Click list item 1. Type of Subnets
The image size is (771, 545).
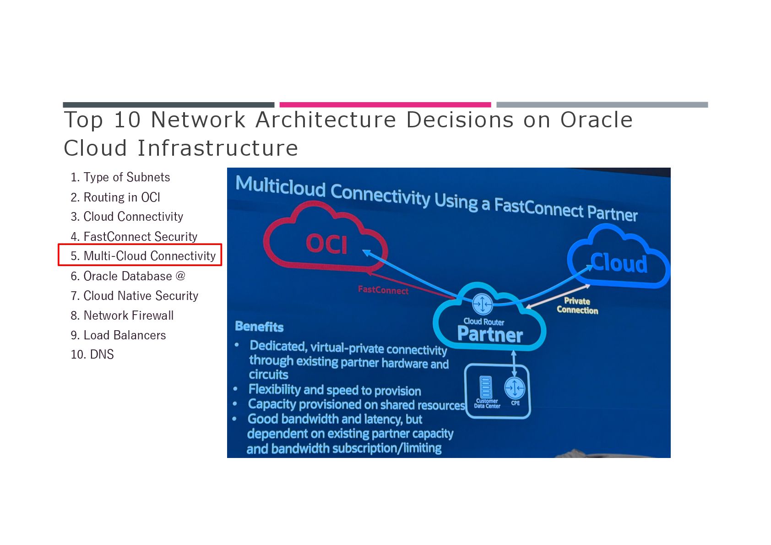120,177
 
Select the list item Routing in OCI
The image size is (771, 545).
115,197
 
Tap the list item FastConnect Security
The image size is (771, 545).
134,237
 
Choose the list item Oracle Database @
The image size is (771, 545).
128,276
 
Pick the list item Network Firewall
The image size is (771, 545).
122,316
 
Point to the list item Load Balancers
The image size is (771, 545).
118,335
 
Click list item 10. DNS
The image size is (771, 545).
92,354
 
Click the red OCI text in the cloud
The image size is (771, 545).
326,244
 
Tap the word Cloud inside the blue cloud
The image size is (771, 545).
619,263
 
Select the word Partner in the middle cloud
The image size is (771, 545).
490,334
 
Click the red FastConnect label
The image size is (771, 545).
383,290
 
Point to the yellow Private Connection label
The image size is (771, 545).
577,305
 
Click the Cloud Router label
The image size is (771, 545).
483,322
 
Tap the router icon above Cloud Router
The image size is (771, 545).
482,303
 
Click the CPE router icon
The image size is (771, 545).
515,388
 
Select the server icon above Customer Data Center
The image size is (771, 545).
485,387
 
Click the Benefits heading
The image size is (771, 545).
259,327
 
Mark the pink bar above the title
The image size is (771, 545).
385,105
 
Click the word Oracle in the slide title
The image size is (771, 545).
596,120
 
